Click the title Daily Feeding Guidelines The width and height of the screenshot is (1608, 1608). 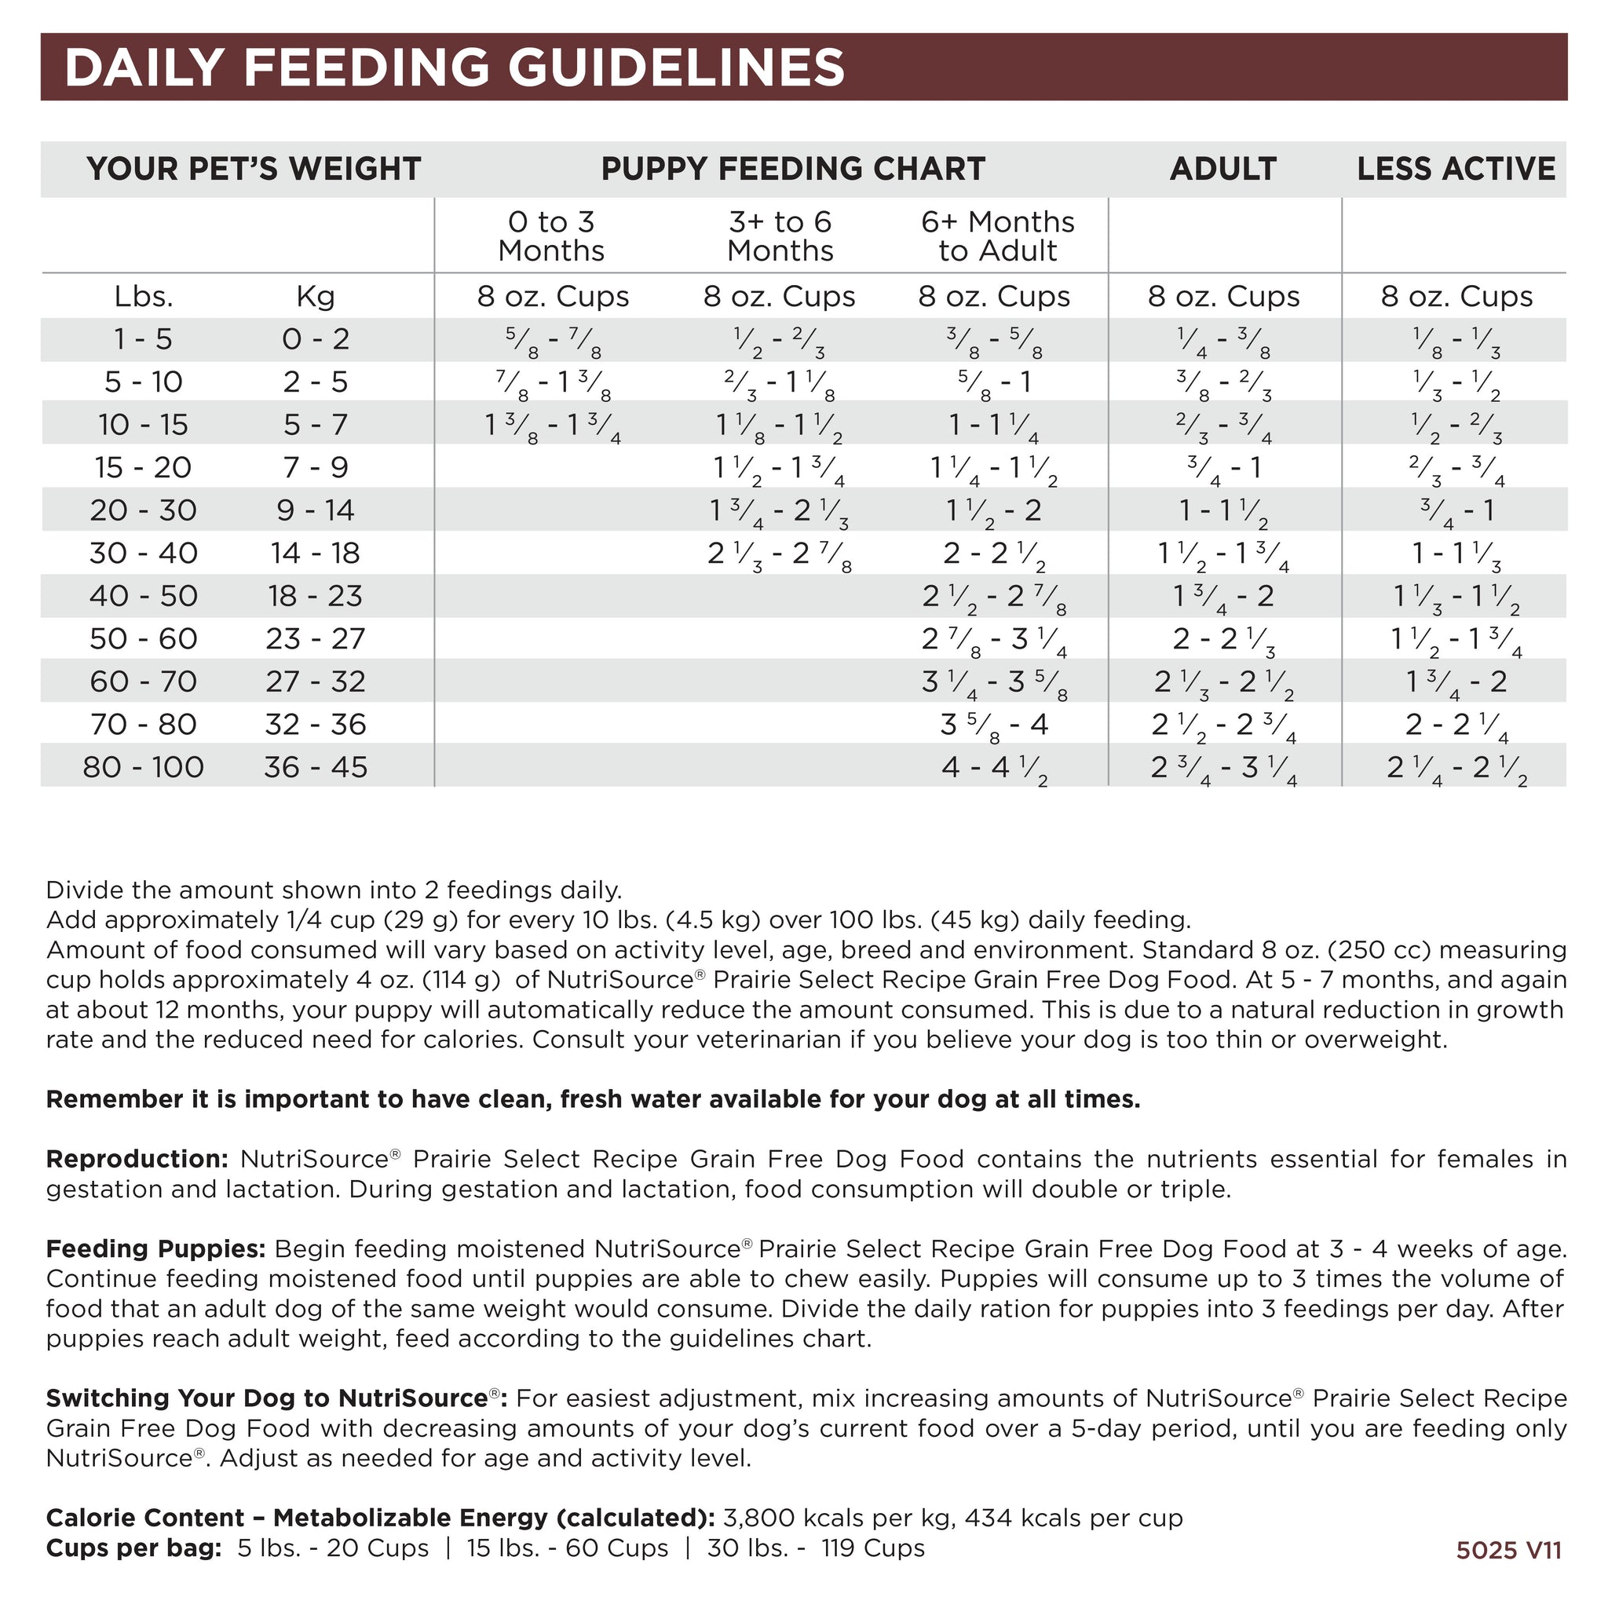pos(455,68)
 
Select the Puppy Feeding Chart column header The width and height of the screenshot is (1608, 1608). pos(792,169)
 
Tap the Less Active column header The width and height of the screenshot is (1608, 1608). pos(1456,169)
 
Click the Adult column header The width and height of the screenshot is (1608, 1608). pos(1222,169)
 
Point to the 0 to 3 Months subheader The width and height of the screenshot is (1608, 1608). pos(551,236)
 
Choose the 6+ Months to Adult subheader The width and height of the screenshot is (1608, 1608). pos(997,236)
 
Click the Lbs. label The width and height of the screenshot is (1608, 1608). pos(143,296)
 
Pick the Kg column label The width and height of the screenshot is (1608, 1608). pos(316,296)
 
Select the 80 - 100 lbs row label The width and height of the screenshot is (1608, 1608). pos(143,767)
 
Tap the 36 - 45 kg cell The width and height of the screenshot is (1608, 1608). pos(316,767)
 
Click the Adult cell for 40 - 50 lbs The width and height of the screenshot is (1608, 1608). pos(1222,597)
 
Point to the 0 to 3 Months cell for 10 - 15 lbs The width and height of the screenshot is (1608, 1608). pos(553,426)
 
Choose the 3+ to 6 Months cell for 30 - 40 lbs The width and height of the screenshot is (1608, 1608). pos(779,554)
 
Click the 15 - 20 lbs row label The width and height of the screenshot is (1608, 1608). pos(143,468)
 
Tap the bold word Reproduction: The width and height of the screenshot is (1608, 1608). pos(137,1160)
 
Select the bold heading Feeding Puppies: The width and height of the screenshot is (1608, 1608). pos(155,1249)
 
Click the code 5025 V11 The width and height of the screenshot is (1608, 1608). pos(1508,1550)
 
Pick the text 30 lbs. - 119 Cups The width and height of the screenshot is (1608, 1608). pos(816,1548)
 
